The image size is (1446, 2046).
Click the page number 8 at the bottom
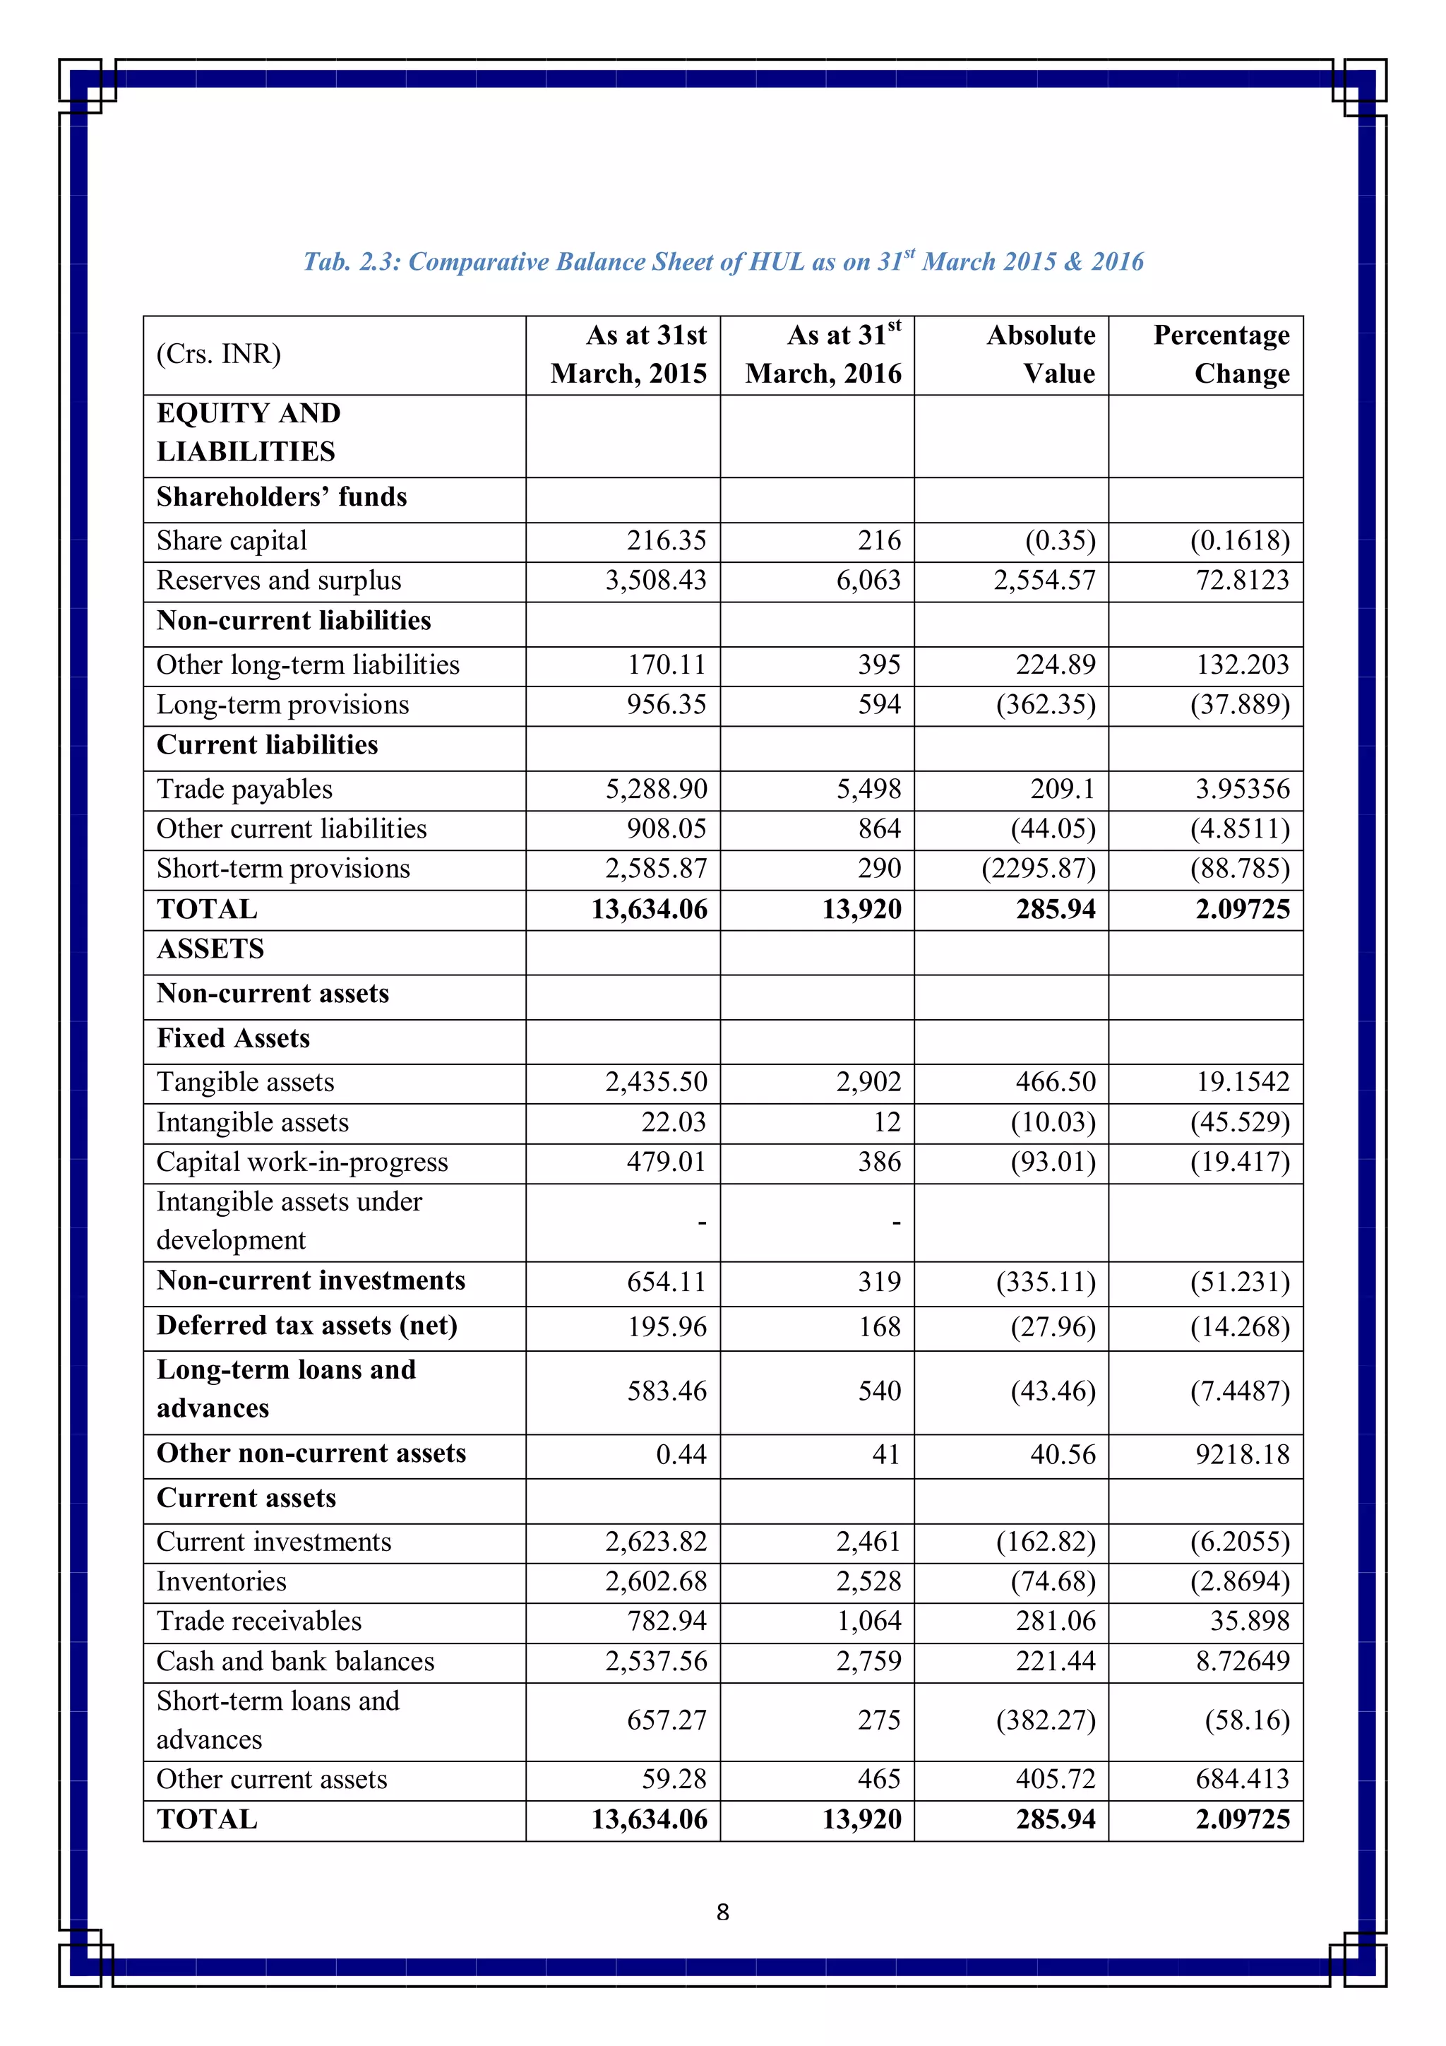tap(722, 1911)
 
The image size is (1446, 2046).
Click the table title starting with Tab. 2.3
tap(722, 261)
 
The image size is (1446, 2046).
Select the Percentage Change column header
tap(1221, 354)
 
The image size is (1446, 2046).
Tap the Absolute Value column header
tap(1041, 354)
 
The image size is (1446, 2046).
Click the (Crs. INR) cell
tap(219, 354)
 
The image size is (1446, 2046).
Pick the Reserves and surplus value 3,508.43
tap(656, 580)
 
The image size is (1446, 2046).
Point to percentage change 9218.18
tap(1242, 1454)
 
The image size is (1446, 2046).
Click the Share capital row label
tap(232, 540)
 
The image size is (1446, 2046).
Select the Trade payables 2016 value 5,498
tap(868, 789)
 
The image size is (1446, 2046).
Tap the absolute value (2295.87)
tap(1038, 868)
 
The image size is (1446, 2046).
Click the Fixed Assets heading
tap(234, 1038)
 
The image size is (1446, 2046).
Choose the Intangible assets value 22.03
tap(674, 1122)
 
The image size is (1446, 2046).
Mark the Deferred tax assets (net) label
tap(307, 1325)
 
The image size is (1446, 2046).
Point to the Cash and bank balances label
tap(296, 1661)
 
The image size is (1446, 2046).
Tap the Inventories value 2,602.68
tap(656, 1582)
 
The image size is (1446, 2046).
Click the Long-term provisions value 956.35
tap(666, 705)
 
